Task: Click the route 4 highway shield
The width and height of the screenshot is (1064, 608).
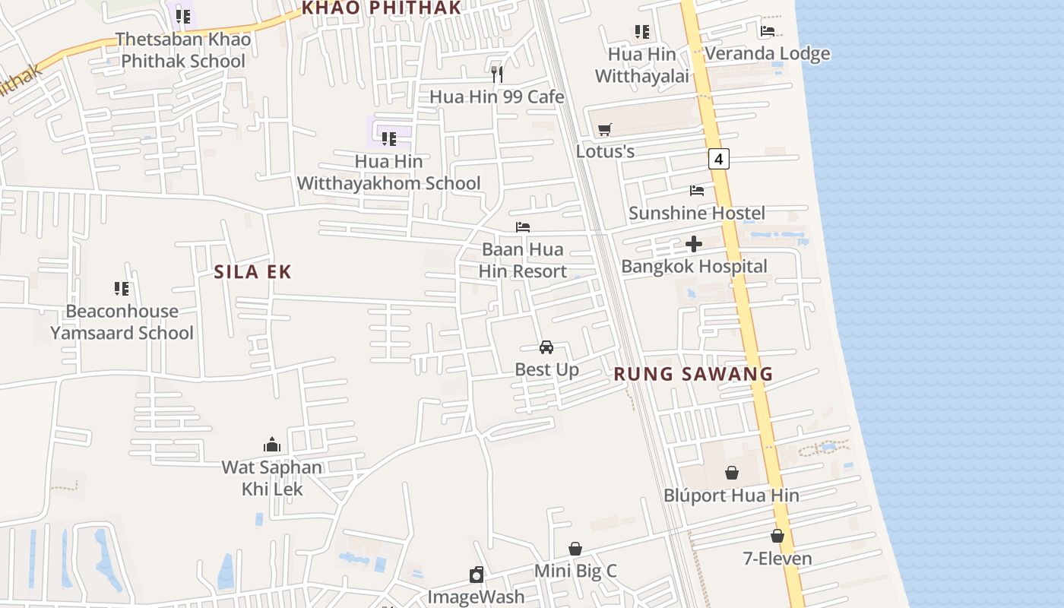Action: coord(718,159)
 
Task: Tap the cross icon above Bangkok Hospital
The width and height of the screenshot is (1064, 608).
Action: coord(693,244)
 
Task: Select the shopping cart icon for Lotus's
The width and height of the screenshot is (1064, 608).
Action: coord(605,129)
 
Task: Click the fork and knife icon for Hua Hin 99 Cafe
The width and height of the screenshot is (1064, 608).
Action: coord(497,74)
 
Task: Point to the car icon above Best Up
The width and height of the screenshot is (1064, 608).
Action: coord(546,347)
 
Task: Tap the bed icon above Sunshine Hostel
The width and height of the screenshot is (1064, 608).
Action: coord(697,190)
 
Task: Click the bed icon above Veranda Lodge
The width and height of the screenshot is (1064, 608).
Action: coord(768,31)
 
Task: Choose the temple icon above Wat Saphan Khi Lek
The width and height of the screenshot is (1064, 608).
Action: coord(272,445)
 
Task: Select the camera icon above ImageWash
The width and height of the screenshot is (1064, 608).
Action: coord(477,575)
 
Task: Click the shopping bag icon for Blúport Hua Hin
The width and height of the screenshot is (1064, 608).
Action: coord(731,473)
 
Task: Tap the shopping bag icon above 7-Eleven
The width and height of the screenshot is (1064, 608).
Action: coord(777,536)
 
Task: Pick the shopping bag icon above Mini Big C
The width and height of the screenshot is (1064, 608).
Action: coord(575,549)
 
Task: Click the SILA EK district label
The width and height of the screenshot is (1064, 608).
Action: coord(253,272)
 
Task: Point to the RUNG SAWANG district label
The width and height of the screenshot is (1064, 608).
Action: coord(693,374)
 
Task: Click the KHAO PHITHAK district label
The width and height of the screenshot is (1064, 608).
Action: coord(382,8)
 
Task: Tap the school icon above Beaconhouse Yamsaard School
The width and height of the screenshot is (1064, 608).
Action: coord(122,289)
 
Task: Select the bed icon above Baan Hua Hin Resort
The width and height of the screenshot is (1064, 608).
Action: coord(523,227)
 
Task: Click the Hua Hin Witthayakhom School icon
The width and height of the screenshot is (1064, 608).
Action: coord(389,138)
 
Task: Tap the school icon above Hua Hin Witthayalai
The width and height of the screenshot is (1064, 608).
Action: coord(642,32)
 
